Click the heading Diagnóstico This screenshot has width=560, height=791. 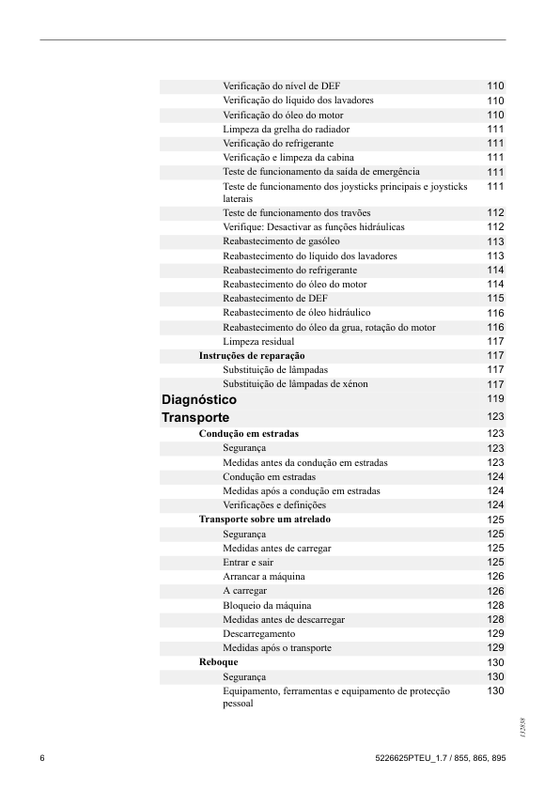199,400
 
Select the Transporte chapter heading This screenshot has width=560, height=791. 195,417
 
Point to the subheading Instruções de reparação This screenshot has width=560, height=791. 252,356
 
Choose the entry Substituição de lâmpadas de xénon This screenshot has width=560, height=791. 295,384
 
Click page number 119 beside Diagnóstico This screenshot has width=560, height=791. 495,398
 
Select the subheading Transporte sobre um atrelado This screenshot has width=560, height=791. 264,519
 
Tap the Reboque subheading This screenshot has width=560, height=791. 218,662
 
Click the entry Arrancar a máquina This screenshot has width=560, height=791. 264,576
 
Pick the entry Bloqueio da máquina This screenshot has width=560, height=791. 267,605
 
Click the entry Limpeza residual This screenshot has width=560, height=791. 258,341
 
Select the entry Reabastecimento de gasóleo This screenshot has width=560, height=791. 281,241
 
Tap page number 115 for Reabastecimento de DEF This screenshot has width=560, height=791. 495,299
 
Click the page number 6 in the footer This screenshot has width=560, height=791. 42,758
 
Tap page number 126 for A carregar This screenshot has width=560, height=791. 495,591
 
